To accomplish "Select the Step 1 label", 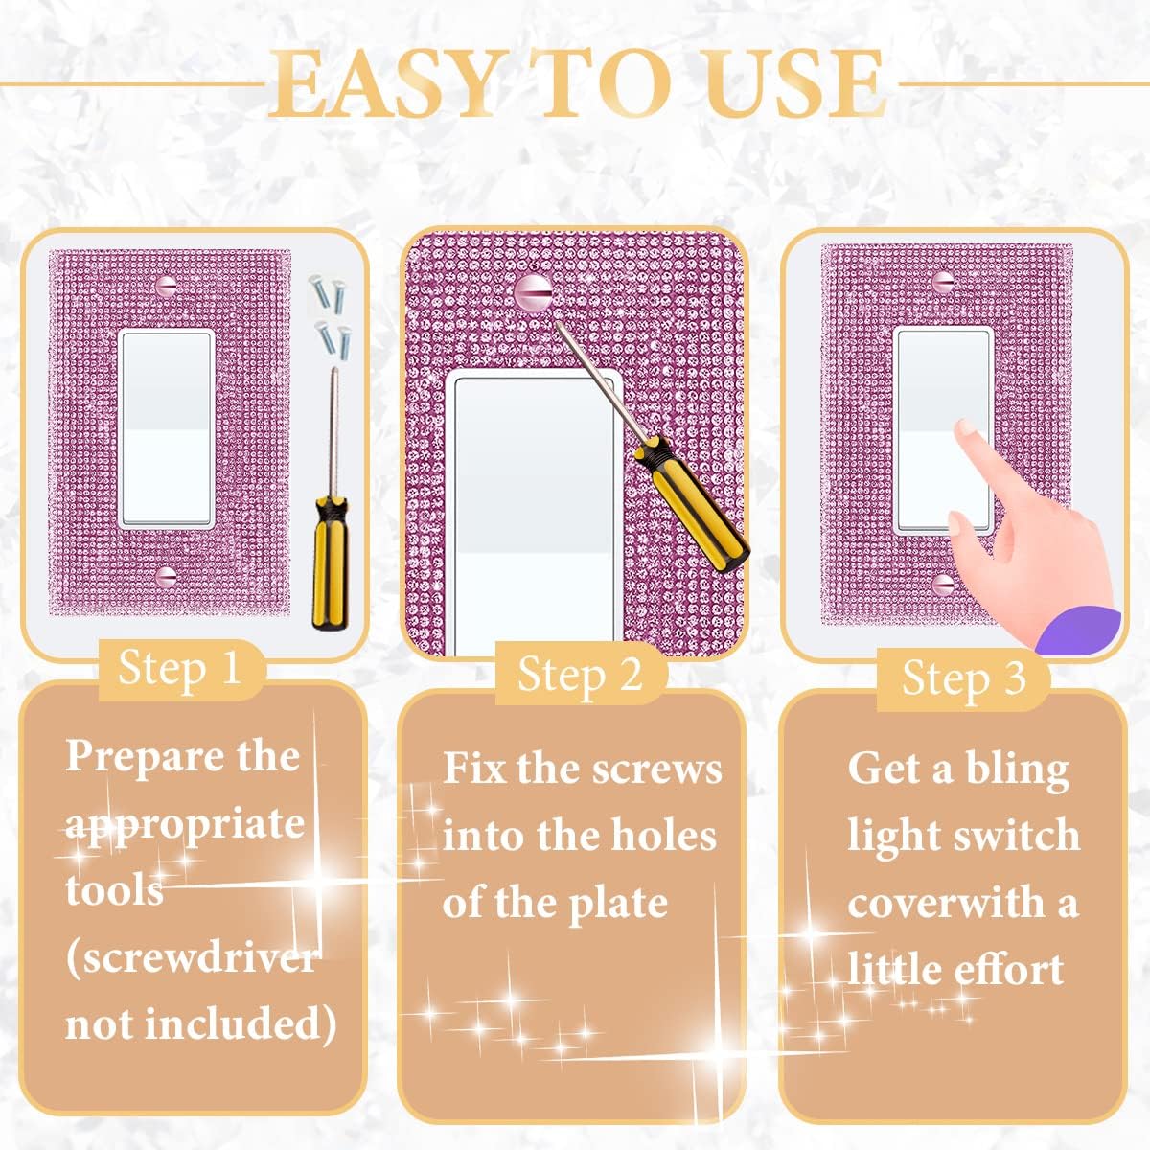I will (179, 667).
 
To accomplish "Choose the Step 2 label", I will (580, 675).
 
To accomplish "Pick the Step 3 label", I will (963, 678).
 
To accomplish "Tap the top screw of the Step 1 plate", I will (167, 285).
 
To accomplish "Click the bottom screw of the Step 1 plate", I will (167, 577).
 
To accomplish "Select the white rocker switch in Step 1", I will (167, 428).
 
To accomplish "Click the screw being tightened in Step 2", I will (532, 289).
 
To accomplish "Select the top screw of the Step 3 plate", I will (944, 282).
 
